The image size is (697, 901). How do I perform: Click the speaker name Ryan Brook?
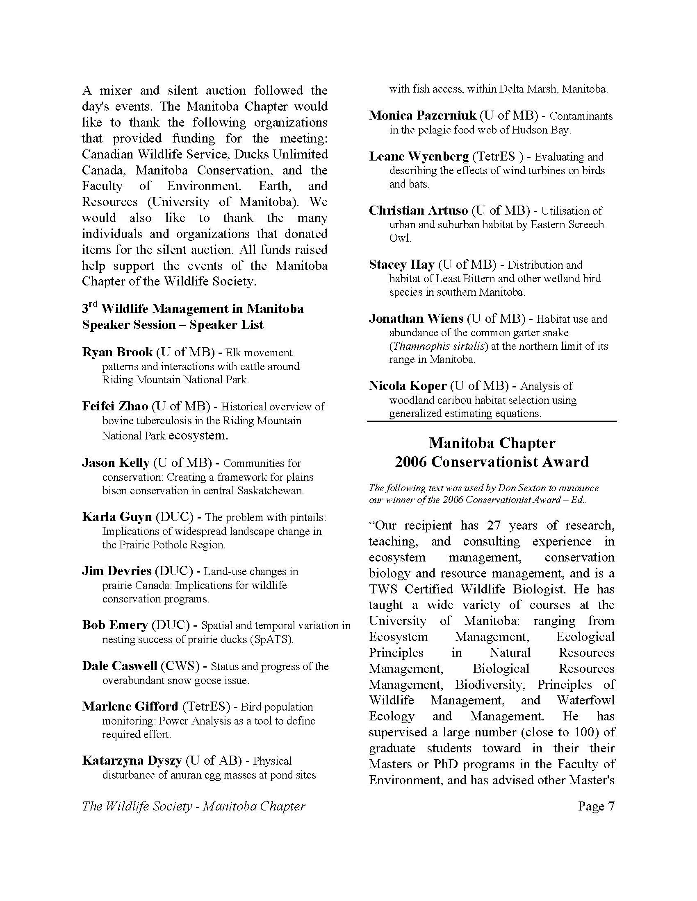[x=117, y=352]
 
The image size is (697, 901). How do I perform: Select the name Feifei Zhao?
[x=115, y=406]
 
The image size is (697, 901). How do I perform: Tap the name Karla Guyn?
[x=117, y=517]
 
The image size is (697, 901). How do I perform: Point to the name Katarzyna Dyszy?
[x=132, y=761]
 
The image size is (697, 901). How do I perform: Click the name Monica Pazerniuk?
[x=422, y=115]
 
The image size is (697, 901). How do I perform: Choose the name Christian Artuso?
[x=418, y=211]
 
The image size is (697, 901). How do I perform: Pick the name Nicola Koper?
[x=408, y=386]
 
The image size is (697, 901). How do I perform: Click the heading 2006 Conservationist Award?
[x=491, y=462]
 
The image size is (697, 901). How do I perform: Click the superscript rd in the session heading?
[x=93, y=306]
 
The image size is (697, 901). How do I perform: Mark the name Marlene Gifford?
[x=130, y=706]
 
